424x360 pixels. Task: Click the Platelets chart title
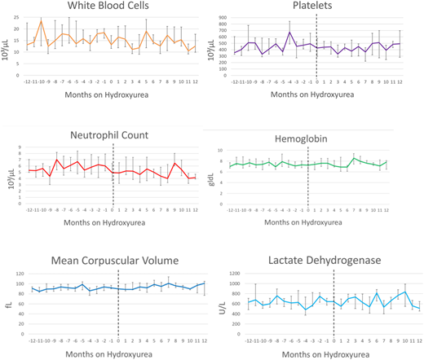pyautogui.click(x=320, y=7)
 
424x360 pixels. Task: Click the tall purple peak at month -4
pyautogui.click(x=289, y=33)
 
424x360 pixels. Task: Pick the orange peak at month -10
pyautogui.click(x=42, y=21)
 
